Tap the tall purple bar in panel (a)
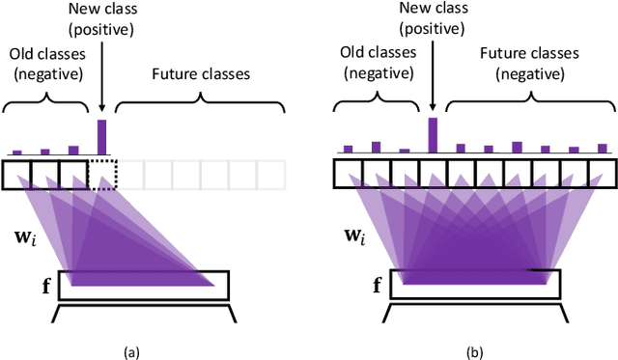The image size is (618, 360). pyautogui.click(x=101, y=137)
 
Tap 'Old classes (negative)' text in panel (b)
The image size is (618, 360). pyautogui.click(x=377, y=61)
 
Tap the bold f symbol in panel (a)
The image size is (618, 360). pyautogui.click(x=44, y=286)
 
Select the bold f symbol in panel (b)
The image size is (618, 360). pyautogui.click(x=377, y=286)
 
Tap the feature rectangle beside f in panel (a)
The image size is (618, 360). pyautogui.click(x=145, y=286)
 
